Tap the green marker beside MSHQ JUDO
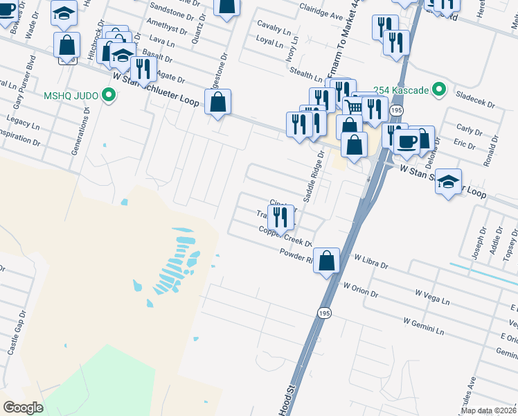click(108, 95)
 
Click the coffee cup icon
click(406, 141)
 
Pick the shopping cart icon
click(354, 107)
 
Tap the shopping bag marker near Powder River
click(327, 261)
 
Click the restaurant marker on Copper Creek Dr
click(281, 217)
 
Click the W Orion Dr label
click(360, 289)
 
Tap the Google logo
click(24, 408)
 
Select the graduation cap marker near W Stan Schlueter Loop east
click(448, 182)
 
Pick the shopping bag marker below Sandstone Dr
click(226, 7)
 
